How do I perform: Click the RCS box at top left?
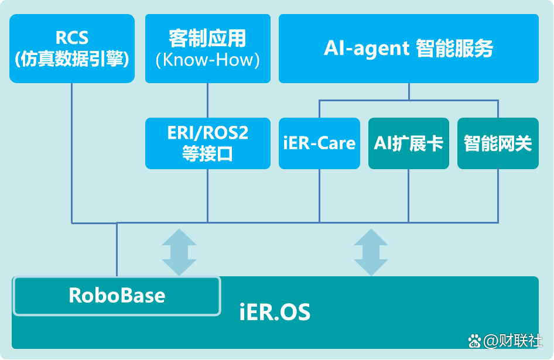(72, 48)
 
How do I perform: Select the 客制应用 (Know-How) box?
(208, 48)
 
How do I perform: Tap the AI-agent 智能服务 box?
(408, 48)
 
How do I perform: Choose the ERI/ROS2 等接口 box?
(208, 143)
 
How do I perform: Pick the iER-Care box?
(319, 143)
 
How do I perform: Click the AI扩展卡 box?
(408, 143)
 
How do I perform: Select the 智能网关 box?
(497, 143)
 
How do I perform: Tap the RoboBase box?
(117, 295)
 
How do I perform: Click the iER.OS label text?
(275, 311)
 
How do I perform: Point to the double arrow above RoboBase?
(179, 252)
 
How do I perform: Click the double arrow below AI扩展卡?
(371, 252)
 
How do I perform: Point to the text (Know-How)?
(208, 60)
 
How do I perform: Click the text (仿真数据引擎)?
(72, 59)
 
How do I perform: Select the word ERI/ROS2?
(208, 133)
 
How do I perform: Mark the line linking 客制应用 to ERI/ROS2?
(208, 100)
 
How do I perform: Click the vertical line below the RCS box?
(72, 152)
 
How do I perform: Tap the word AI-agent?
(367, 48)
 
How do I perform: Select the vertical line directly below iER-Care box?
(319, 196)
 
